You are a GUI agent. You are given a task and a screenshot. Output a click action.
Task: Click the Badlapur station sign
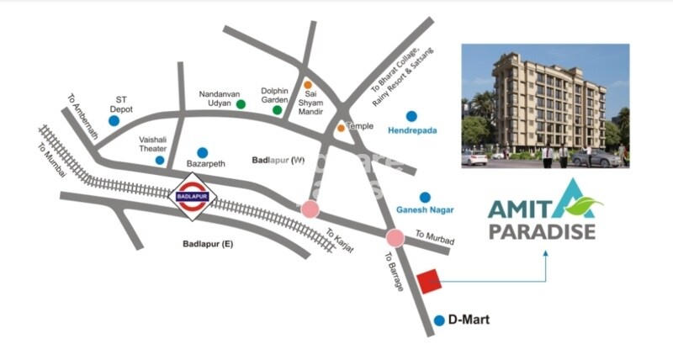pos(193,199)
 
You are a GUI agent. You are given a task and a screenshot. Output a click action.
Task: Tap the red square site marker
pos(430,281)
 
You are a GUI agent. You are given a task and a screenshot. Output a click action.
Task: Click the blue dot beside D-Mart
pos(439,320)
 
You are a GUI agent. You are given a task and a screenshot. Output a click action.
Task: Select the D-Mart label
pos(469,320)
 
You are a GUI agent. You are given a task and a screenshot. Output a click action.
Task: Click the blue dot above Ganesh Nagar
pos(425,197)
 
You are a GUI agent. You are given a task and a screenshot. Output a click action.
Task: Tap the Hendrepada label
pos(412,131)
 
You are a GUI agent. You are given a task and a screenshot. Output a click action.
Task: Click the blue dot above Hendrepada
pos(411,116)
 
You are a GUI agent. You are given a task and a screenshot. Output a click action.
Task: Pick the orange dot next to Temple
pos(341,128)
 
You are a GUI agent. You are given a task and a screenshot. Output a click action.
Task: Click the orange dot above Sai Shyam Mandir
pos(308,85)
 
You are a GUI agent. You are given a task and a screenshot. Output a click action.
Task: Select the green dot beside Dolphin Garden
pos(276,109)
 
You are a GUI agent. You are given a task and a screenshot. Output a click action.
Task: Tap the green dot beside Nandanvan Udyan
pos(241,104)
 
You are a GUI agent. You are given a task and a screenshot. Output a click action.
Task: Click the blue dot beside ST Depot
pos(114,121)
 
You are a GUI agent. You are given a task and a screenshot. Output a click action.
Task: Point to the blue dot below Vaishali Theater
pos(160,160)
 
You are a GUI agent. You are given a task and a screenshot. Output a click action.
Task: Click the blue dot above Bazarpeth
pos(202,152)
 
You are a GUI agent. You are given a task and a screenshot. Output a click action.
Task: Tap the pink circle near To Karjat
pos(310,209)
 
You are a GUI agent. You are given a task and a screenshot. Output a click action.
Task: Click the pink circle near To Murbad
pos(395,238)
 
